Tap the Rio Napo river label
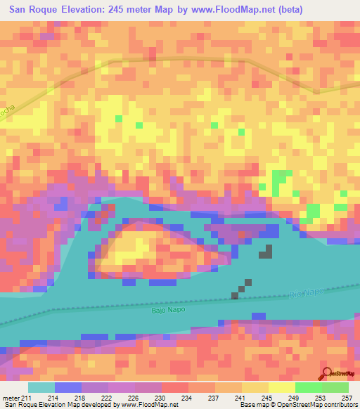[x=307, y=293]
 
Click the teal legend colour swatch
[x=41, y=388]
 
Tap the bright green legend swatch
[x=308, y=388]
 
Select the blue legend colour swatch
[x=68, y=388]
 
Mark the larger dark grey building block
[x=267, y=251]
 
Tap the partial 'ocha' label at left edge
[x=8, y=112]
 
